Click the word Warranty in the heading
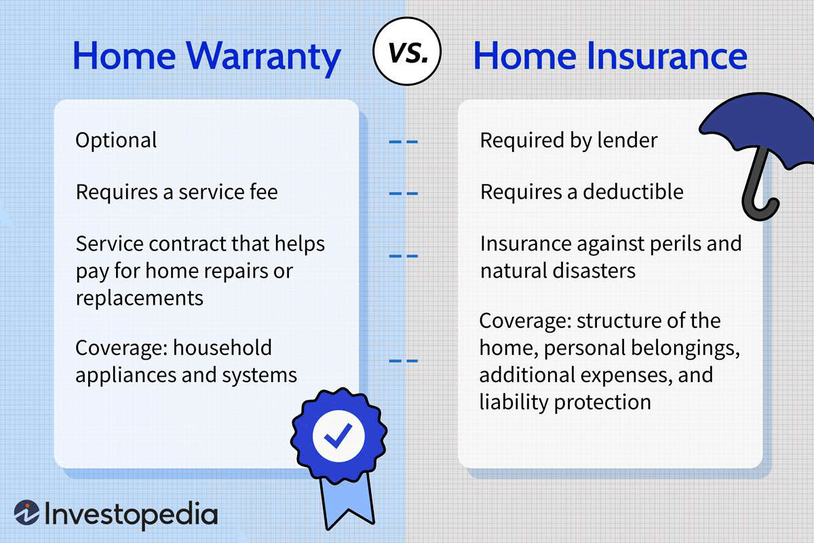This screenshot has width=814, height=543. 263,57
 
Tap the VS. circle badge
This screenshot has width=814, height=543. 406,52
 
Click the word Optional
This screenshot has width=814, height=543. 116,141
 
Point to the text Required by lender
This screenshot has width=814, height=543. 568,141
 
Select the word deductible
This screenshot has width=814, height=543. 633,191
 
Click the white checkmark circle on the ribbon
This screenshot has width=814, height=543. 338,435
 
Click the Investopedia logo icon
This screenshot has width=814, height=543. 27,512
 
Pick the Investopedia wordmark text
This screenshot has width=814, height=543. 131,514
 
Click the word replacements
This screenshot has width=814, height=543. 139,298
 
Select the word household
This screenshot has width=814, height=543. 222,348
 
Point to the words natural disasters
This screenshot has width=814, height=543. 558,271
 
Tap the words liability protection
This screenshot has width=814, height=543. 565,402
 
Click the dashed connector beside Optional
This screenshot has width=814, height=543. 404,141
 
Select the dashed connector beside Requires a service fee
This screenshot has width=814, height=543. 404,193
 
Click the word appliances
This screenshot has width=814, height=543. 125,376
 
